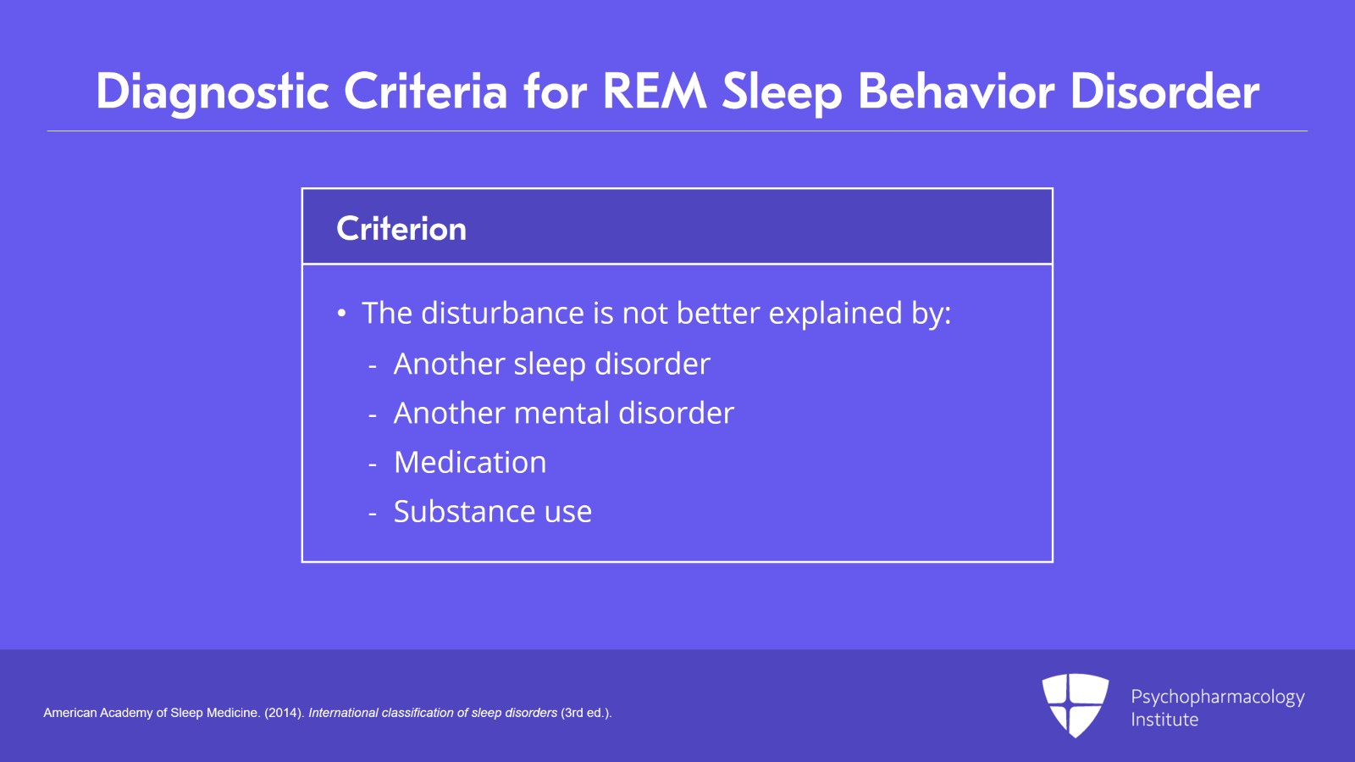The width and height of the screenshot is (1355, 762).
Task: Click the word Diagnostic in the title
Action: pos(212,92)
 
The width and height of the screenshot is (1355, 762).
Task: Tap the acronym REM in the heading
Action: pos(654,92)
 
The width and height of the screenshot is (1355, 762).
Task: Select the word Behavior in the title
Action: pos(956,92)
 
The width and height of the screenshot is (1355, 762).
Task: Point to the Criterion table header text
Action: pos(401,229)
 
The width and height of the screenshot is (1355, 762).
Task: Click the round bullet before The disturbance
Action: pos(341,314)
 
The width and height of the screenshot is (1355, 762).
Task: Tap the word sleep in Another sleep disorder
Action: pos(550,364)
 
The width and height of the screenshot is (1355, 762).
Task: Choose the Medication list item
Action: pos(470,463)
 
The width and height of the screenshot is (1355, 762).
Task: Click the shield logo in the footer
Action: pos(1075,704)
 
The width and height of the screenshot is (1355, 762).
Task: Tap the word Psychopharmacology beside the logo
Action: pos(1217,697)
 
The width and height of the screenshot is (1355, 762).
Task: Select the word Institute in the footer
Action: pos(1164,720)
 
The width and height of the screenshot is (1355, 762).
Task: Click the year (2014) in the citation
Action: pos(283,713)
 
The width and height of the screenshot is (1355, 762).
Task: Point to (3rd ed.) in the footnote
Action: pos(585,713)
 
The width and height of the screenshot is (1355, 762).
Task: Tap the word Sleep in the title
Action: pos(781,92)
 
